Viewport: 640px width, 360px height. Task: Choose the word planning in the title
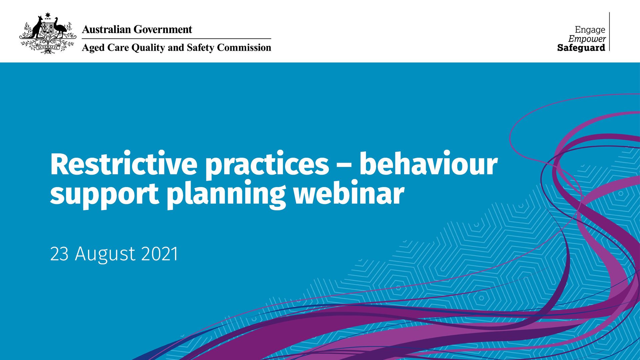226,194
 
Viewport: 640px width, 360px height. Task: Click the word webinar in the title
349,192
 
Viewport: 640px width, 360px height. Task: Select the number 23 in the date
59,254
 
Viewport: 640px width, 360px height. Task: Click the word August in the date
105,255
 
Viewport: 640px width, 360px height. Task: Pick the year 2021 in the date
160,254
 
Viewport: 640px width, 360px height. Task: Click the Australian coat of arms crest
48,33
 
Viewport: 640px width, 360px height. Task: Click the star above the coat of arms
48,15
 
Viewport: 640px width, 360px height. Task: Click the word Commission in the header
244,47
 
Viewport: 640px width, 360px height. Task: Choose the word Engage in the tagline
590,30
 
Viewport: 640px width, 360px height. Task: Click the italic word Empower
587,39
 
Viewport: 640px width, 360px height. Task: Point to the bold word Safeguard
581,48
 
